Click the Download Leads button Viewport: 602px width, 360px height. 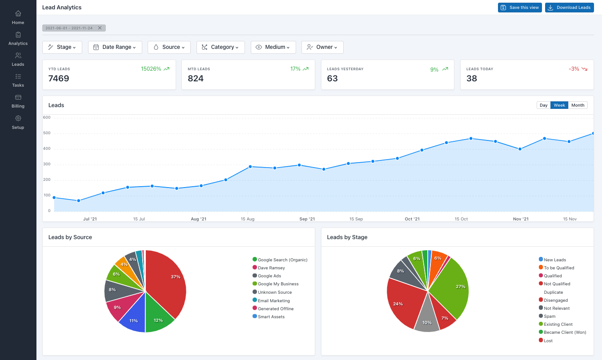coord(569,8)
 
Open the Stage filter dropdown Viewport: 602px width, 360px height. coord(62,47)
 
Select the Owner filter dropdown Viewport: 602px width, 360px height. coord(322,47)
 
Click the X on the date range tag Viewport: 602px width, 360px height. coord(100,28)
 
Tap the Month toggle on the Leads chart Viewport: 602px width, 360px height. coord(578,105)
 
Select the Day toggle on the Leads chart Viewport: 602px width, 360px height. coord(543,105)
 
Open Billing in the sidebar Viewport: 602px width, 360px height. coord(18,101)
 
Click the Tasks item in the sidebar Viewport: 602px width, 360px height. coord(18,80)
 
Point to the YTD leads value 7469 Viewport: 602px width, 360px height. coord(59,79)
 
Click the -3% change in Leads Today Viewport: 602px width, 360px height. coord(574,69)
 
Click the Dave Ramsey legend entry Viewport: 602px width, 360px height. coord(271,268)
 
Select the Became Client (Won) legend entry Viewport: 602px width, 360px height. coord(565,332)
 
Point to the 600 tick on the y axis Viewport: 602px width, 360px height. coord(47,118)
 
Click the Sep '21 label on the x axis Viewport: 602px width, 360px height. coord(307,219)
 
